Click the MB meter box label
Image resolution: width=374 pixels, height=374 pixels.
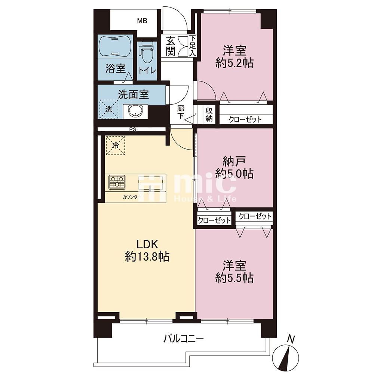pos(142,21)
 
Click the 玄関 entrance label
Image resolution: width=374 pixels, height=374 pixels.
pos(171,46)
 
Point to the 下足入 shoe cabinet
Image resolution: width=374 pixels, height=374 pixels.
pos(193,46)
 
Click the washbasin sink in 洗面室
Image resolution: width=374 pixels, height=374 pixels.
pos(135,111)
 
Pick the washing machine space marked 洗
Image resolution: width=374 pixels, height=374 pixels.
pos(109,109)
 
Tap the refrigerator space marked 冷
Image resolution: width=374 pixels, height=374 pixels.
pos(116,145)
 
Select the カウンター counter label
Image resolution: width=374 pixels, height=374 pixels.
pos(132,197)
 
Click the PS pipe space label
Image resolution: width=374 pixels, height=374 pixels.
pos(133,129)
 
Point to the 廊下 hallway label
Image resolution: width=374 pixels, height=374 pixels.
pos(181,112)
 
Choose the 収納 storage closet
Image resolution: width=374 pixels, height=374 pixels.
pos(209,114)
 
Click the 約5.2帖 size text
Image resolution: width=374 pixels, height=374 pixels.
pos(234,63)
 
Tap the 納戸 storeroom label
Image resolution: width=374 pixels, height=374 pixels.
pos(234,162)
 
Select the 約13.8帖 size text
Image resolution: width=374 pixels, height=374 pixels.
pos(147,257)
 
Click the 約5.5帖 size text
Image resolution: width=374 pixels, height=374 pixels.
pos(234,278)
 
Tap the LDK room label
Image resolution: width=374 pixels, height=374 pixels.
pos(147,244)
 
